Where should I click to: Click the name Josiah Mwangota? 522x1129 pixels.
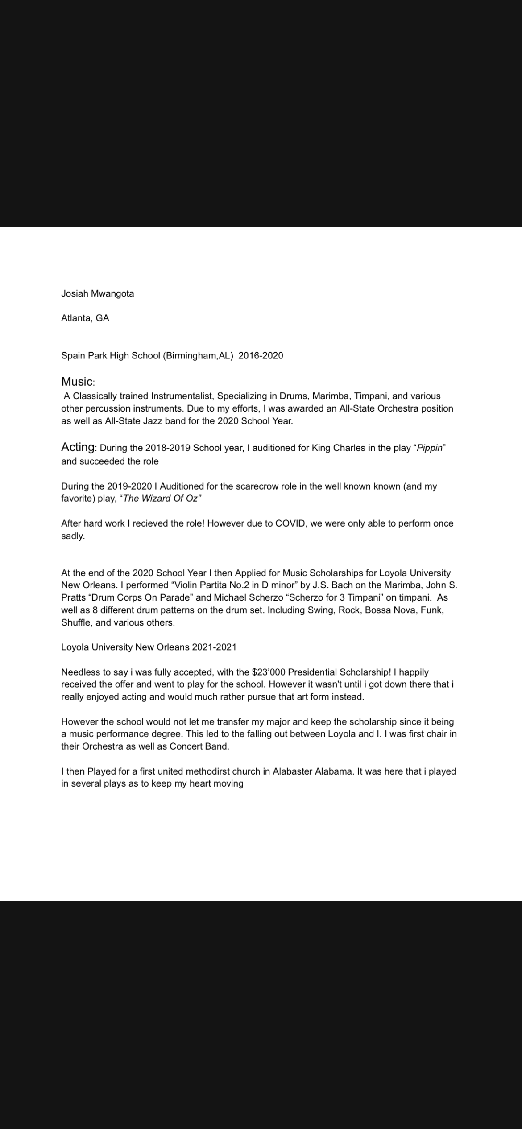tap(97, 293)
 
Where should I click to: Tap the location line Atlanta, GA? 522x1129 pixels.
tap(85, 318)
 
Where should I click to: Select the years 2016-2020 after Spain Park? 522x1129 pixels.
tap(261, 356)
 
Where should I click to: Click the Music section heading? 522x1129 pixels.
tap(77, 382)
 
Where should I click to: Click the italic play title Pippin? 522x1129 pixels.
tap(429, 448)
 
